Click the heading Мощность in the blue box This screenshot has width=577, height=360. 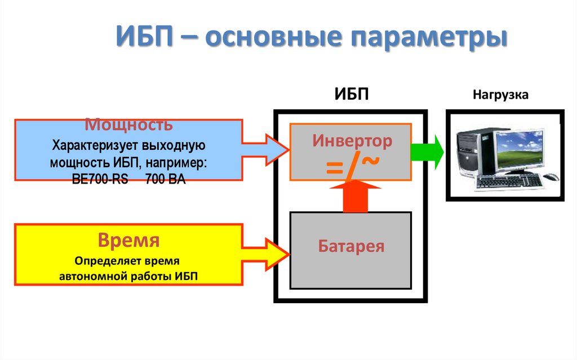pos(129,125)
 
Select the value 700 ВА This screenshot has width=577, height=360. pos(165,179)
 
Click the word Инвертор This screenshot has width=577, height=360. pos(351,140)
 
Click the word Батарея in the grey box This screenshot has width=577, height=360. pos(351,246)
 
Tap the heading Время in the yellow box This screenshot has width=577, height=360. pos(129,241)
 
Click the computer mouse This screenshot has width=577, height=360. pos(551,177)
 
